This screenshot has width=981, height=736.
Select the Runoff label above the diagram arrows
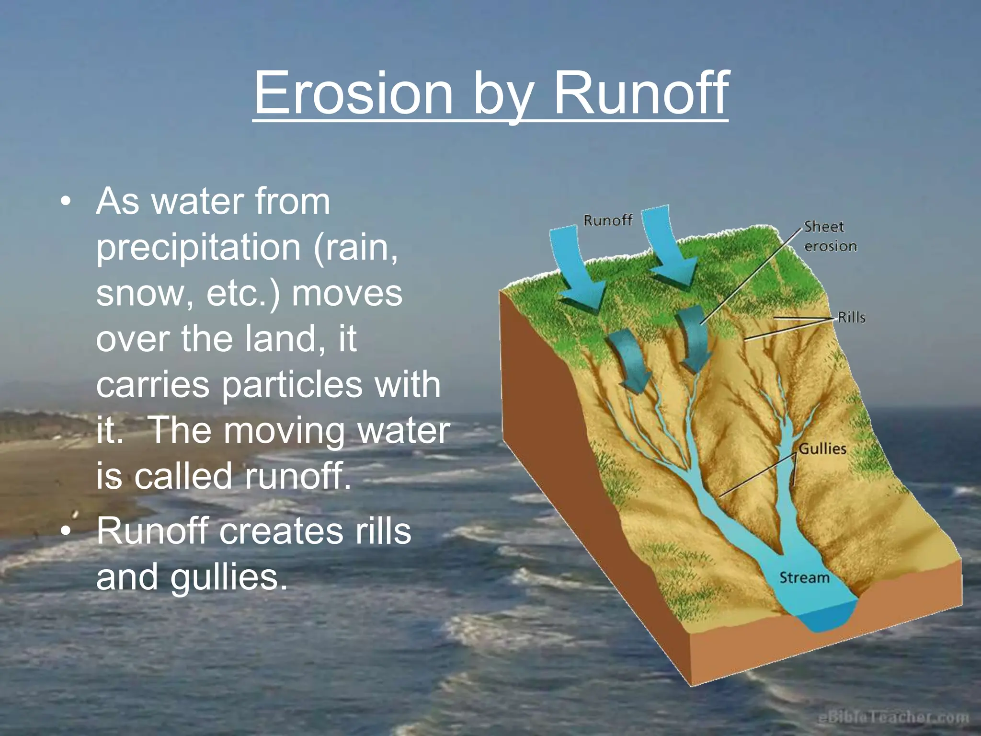(608, 220)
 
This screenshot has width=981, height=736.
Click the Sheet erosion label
(830, 236)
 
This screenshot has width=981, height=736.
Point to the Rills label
(851, 318)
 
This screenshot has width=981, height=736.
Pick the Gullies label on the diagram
(822, 449)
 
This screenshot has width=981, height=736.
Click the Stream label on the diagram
(804, 578)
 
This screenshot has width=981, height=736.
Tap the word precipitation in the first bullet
(198, 248)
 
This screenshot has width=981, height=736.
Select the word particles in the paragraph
(292, 385)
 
